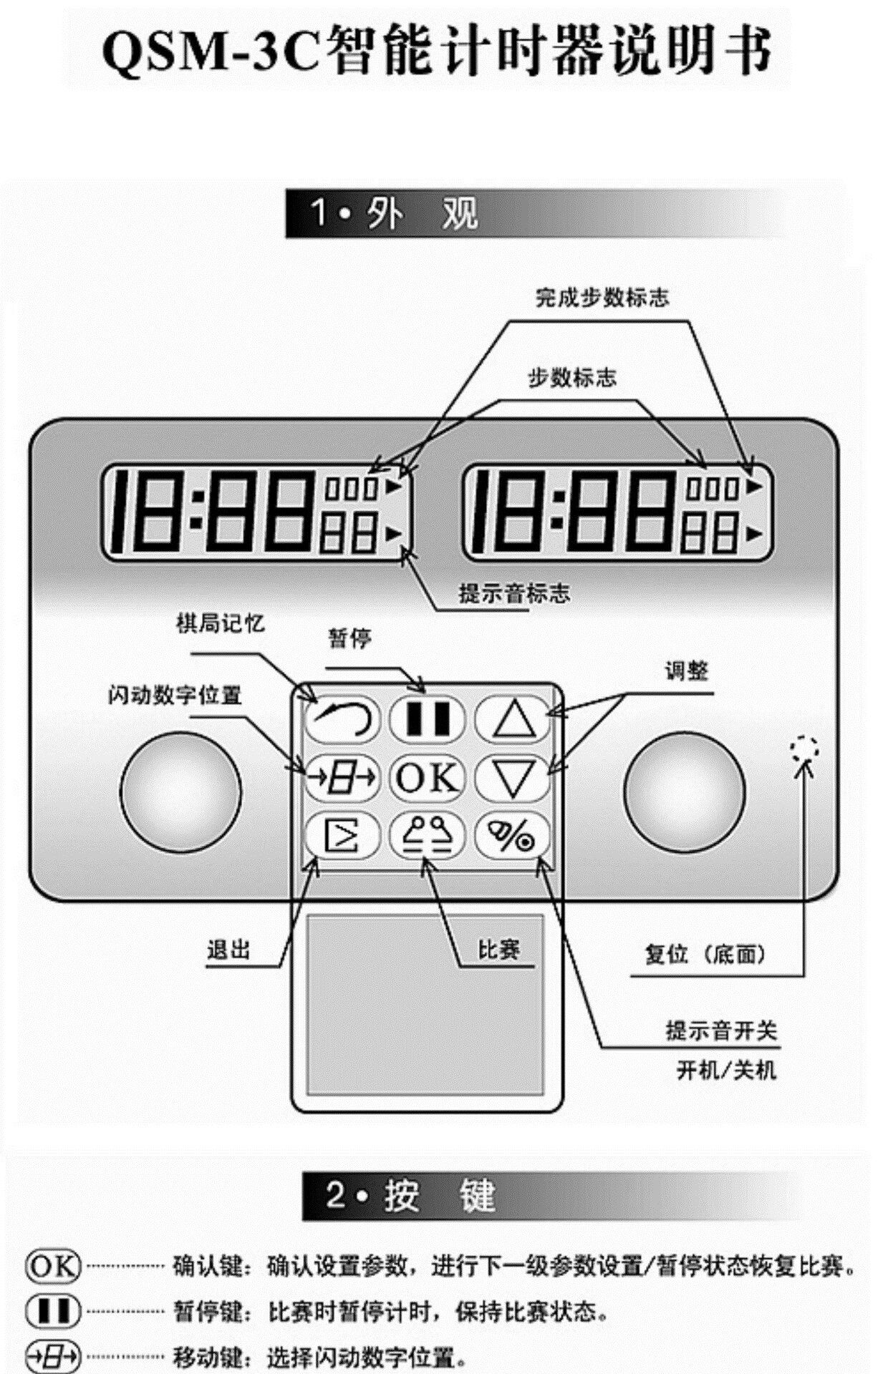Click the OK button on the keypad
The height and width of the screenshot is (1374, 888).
coord(427,778)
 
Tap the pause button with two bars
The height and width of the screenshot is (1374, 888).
coord(428,719)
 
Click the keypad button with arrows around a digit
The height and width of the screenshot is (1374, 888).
coord(342,778)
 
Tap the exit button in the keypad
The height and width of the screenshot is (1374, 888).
coord(342,835)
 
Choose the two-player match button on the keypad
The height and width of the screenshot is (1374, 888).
coord(428,835)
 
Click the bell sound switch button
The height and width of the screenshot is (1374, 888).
coord(513,835)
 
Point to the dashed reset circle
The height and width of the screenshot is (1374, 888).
coord(804,749)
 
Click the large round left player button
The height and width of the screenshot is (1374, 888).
coord(180,791)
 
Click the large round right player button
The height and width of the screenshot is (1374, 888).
coord(684,791)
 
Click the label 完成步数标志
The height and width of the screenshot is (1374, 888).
coord(602,298)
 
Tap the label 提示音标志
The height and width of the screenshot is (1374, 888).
coord(514,593)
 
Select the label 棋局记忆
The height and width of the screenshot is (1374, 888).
coord(220,624)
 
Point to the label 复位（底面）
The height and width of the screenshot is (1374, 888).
coord(705,954)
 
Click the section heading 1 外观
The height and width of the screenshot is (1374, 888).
coord(394,213)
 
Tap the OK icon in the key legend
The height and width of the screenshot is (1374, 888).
coord(53,1267)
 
